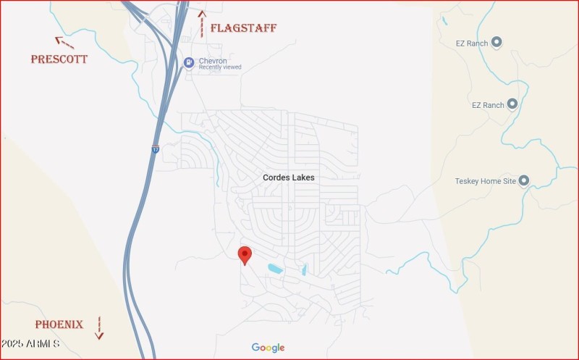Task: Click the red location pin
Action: click(245, 254)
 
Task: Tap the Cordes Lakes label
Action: click(288, 177)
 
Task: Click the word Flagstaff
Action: click(243, 28)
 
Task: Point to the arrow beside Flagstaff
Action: click(202, 24)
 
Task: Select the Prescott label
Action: click(59, 59)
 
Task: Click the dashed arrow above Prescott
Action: click(64, 42)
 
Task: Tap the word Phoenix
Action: click(59, 325)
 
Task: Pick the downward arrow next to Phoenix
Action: click(99, 328)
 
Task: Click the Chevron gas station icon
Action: click(189, 62)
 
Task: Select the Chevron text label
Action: click(213, 61)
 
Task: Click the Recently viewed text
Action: click(220, 67)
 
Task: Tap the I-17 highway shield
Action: click(155, 149)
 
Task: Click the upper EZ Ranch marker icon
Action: click(496, 43)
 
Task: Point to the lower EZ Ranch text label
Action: click(487, 105)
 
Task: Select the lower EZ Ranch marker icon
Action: click(512, 104)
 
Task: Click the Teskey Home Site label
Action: click(485, 180)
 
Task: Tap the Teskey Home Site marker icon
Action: click(524, 180)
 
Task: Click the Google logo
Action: click(268, 348)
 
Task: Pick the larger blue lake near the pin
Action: click(275, 269)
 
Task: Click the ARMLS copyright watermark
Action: click(30, 343)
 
